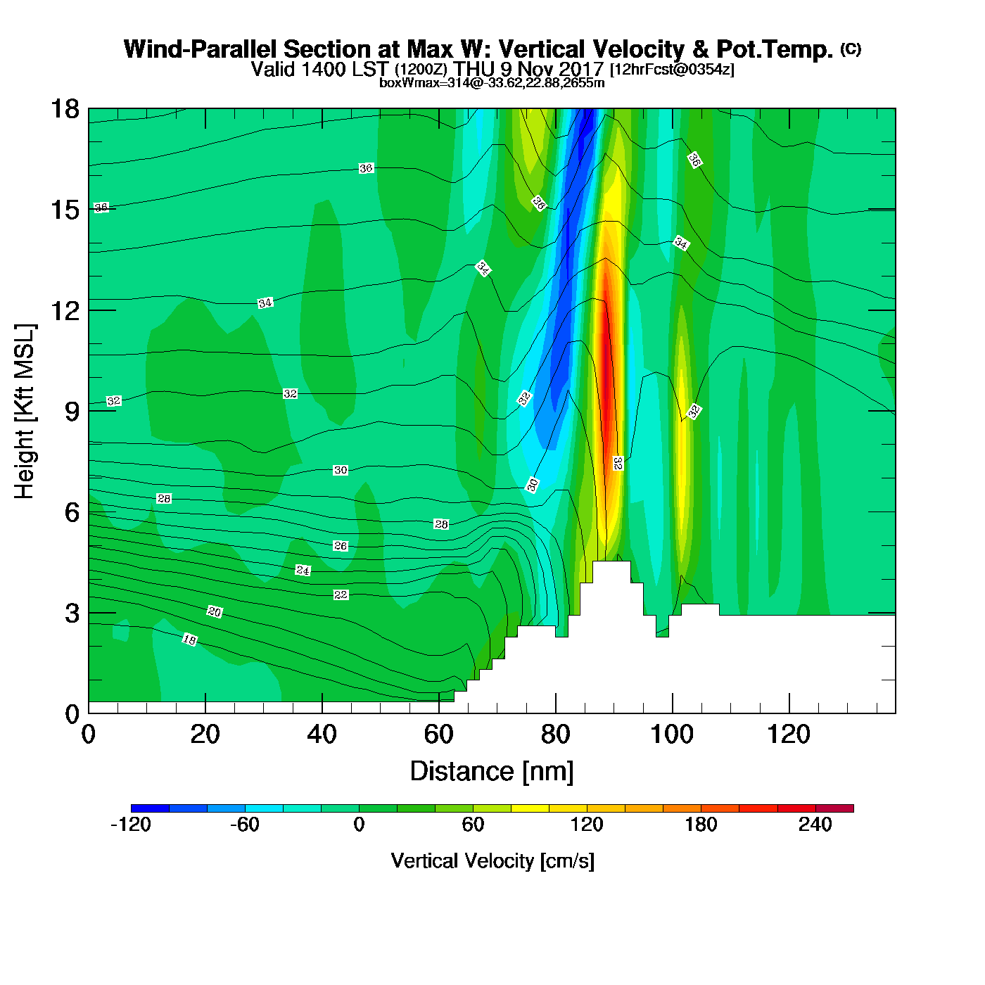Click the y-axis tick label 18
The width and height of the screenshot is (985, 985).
point(64,109)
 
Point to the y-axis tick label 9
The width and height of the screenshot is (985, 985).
point(72,412)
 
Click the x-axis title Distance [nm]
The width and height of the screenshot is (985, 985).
point(492,772)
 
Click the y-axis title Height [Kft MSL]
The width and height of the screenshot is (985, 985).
point(25,412)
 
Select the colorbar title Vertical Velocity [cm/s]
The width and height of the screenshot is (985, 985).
point(493,861)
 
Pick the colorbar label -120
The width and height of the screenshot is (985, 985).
point(131,825)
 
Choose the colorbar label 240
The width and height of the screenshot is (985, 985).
point(815,825)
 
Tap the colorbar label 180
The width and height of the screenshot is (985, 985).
point(701,825)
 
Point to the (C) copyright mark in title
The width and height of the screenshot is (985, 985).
point(851,49)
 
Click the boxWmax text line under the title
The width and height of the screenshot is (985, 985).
point(492,82)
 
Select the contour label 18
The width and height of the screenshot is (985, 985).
point(190,640)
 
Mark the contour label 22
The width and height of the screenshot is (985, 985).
point(341,595)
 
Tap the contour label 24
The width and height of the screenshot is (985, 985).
point(303,571)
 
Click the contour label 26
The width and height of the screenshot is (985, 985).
point(341,546)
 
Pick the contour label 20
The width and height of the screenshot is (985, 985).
point(215,612)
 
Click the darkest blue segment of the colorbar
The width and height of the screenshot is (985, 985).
point(150,808)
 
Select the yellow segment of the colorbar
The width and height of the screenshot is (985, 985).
point(530,808)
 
